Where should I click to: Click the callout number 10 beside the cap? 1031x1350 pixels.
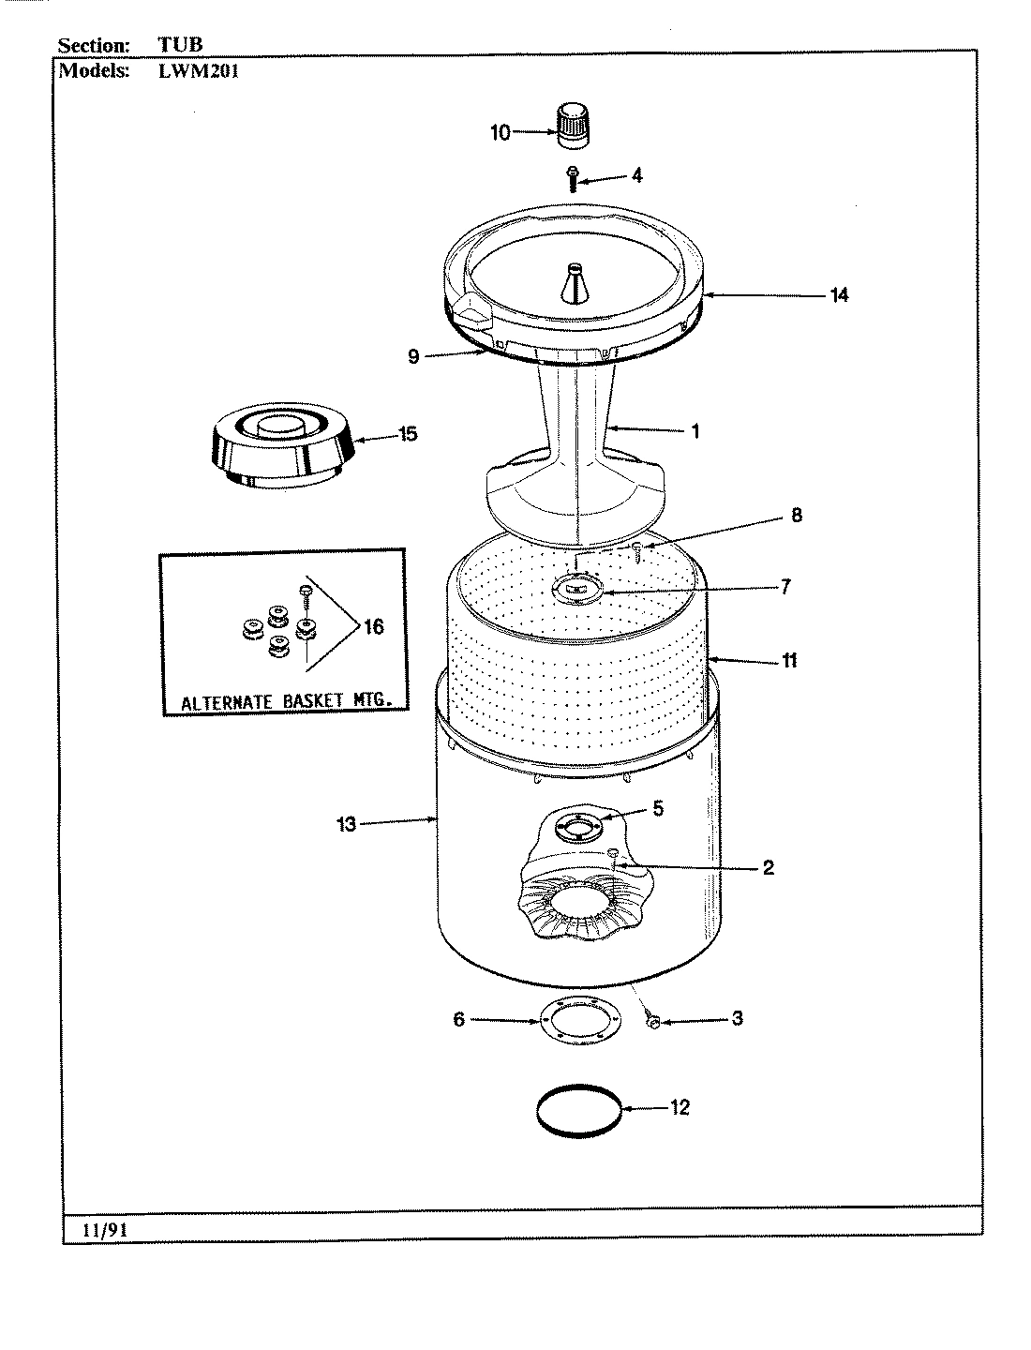[x=501, y=132]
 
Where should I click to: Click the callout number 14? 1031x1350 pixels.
[x=838, y=295]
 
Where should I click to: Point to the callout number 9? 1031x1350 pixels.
[x=413, y=357]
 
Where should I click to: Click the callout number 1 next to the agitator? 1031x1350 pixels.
[x=695, y=431]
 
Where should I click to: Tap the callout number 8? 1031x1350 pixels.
[x=796, y=516]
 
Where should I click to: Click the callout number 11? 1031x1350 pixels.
[x=789, y=661]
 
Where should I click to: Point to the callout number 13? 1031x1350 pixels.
[x=347, y=825]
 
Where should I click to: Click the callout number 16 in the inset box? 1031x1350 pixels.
[x=373, y=626]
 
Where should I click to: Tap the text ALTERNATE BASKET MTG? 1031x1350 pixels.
[x=281, y=700]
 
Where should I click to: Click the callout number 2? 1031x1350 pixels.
[x=768, y=867]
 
